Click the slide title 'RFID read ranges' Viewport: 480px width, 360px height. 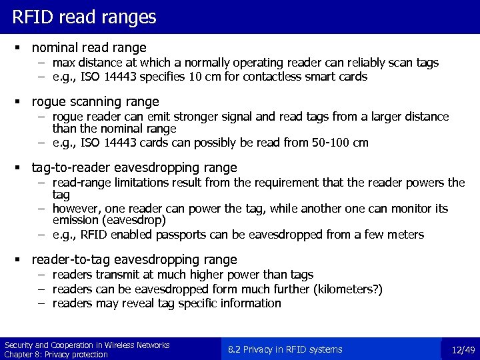[x=84, y=17]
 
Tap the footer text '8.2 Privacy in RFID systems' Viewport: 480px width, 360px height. [x=285, y=349]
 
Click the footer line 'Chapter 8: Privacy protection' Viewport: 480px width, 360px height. [x=56, y=355]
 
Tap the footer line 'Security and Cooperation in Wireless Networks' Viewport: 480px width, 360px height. [x=87, y=345]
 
